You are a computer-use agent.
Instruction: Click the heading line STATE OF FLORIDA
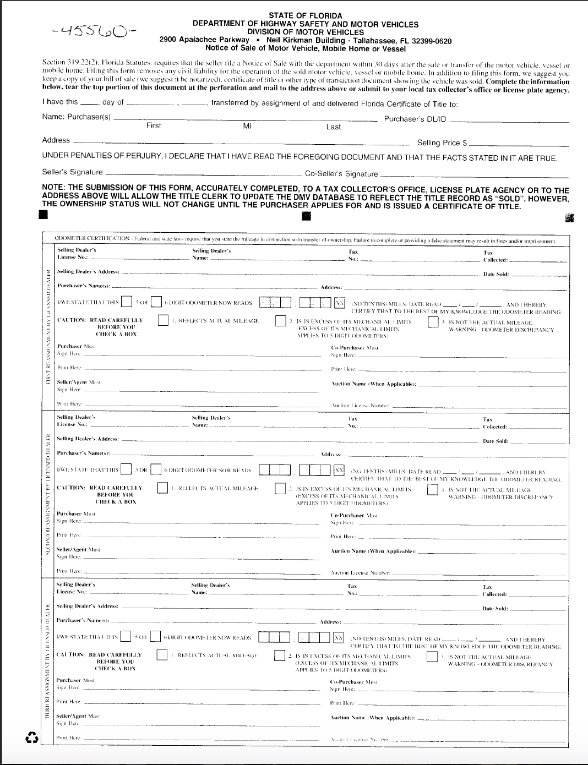[x=305, y=16]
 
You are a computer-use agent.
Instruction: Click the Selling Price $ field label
[x=442, y=143]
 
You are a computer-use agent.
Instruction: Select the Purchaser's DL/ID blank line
[x=509, y=121]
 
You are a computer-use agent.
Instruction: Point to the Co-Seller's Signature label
[x=341, y=174]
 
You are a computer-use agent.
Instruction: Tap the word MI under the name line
[x=247, y=126]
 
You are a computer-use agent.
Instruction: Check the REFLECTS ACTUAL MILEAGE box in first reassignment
[x=163, y=320]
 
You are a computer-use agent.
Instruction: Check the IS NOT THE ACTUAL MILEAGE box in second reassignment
[x=432, y=489]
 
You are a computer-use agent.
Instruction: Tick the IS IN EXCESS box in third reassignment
[x=280, y=656]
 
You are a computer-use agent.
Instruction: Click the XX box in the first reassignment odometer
[x=339, y=303]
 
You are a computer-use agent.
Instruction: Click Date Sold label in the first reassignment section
[x=496, y=275]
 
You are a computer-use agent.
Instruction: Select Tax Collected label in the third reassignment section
[x=494, y=591]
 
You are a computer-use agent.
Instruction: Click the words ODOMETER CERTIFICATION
[x=92, y=238]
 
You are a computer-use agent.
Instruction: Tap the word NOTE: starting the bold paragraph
[x=53, y=188]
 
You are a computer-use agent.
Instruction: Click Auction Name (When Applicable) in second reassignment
[x=373, y=551]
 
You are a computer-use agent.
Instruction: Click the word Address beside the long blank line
[x=56, y=140]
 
